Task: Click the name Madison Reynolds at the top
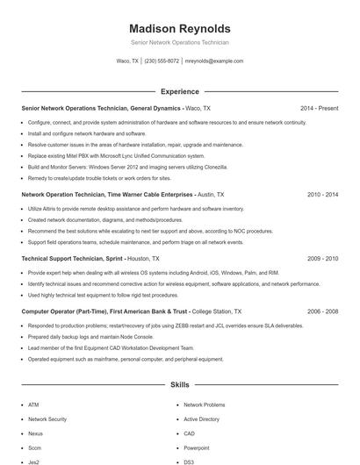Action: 179,28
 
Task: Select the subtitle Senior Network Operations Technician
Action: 179,42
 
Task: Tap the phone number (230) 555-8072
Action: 162,61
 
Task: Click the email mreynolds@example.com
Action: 214,61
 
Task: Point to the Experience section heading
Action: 179,91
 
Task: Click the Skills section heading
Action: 179,384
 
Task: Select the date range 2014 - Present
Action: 319,108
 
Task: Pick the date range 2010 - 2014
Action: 322,195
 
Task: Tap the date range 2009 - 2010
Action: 322,260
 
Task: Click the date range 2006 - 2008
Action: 322,311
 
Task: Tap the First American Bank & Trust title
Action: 104,311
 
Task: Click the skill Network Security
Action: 47,419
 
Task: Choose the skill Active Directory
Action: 201,419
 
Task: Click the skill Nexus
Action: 35,433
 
